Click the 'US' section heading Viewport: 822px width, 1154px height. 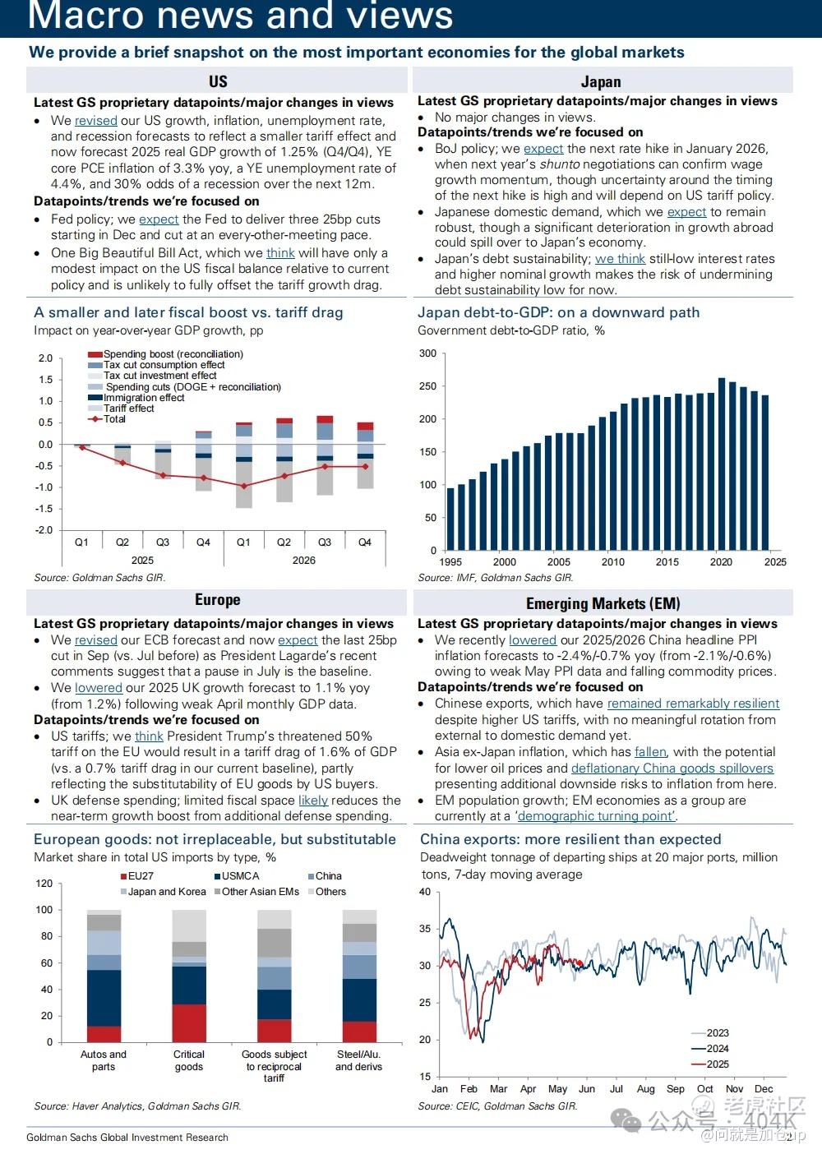click(218, 81)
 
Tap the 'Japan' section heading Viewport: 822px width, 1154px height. click(601, 81)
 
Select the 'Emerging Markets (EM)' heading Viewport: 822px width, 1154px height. click(603, 603)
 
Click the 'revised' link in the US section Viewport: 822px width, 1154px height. click(95, 120)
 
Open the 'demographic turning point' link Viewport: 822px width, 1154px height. click(596, 816)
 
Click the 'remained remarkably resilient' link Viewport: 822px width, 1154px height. click(693, 704)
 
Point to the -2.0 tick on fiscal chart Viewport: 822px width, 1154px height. click(44, 530)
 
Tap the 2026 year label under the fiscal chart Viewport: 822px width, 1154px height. click(303, 561)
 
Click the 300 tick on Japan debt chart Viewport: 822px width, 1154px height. click(428, 353)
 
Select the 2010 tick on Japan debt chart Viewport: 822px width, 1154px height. click(612, 562)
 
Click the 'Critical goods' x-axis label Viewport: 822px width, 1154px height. click(188, 1060)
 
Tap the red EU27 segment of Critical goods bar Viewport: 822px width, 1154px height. click(189, 1023)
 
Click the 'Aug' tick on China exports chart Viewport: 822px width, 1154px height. click(646, 1089)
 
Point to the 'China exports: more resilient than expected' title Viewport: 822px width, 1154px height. click(570, 839)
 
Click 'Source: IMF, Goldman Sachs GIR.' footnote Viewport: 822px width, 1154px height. click(495, 578)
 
